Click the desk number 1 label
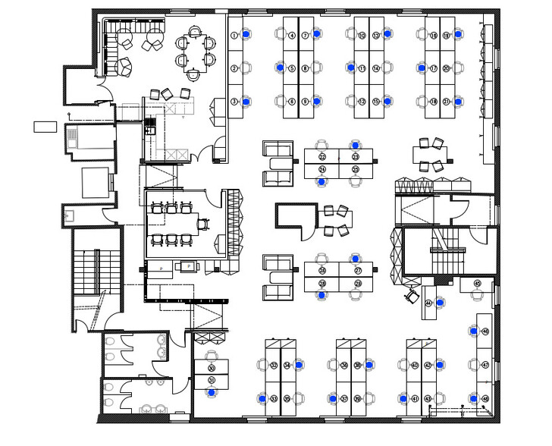234,36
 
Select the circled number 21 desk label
447,101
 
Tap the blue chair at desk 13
387,34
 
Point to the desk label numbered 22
322,157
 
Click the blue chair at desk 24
322,181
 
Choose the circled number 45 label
477,284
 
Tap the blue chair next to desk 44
444,303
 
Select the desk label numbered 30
212,368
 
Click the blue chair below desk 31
212,392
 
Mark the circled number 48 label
485,398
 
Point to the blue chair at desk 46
474,331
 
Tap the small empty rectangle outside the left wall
45,127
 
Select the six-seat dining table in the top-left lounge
194,52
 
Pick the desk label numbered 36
344,366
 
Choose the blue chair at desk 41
402,398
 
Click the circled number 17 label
433,68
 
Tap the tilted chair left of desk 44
413,295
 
